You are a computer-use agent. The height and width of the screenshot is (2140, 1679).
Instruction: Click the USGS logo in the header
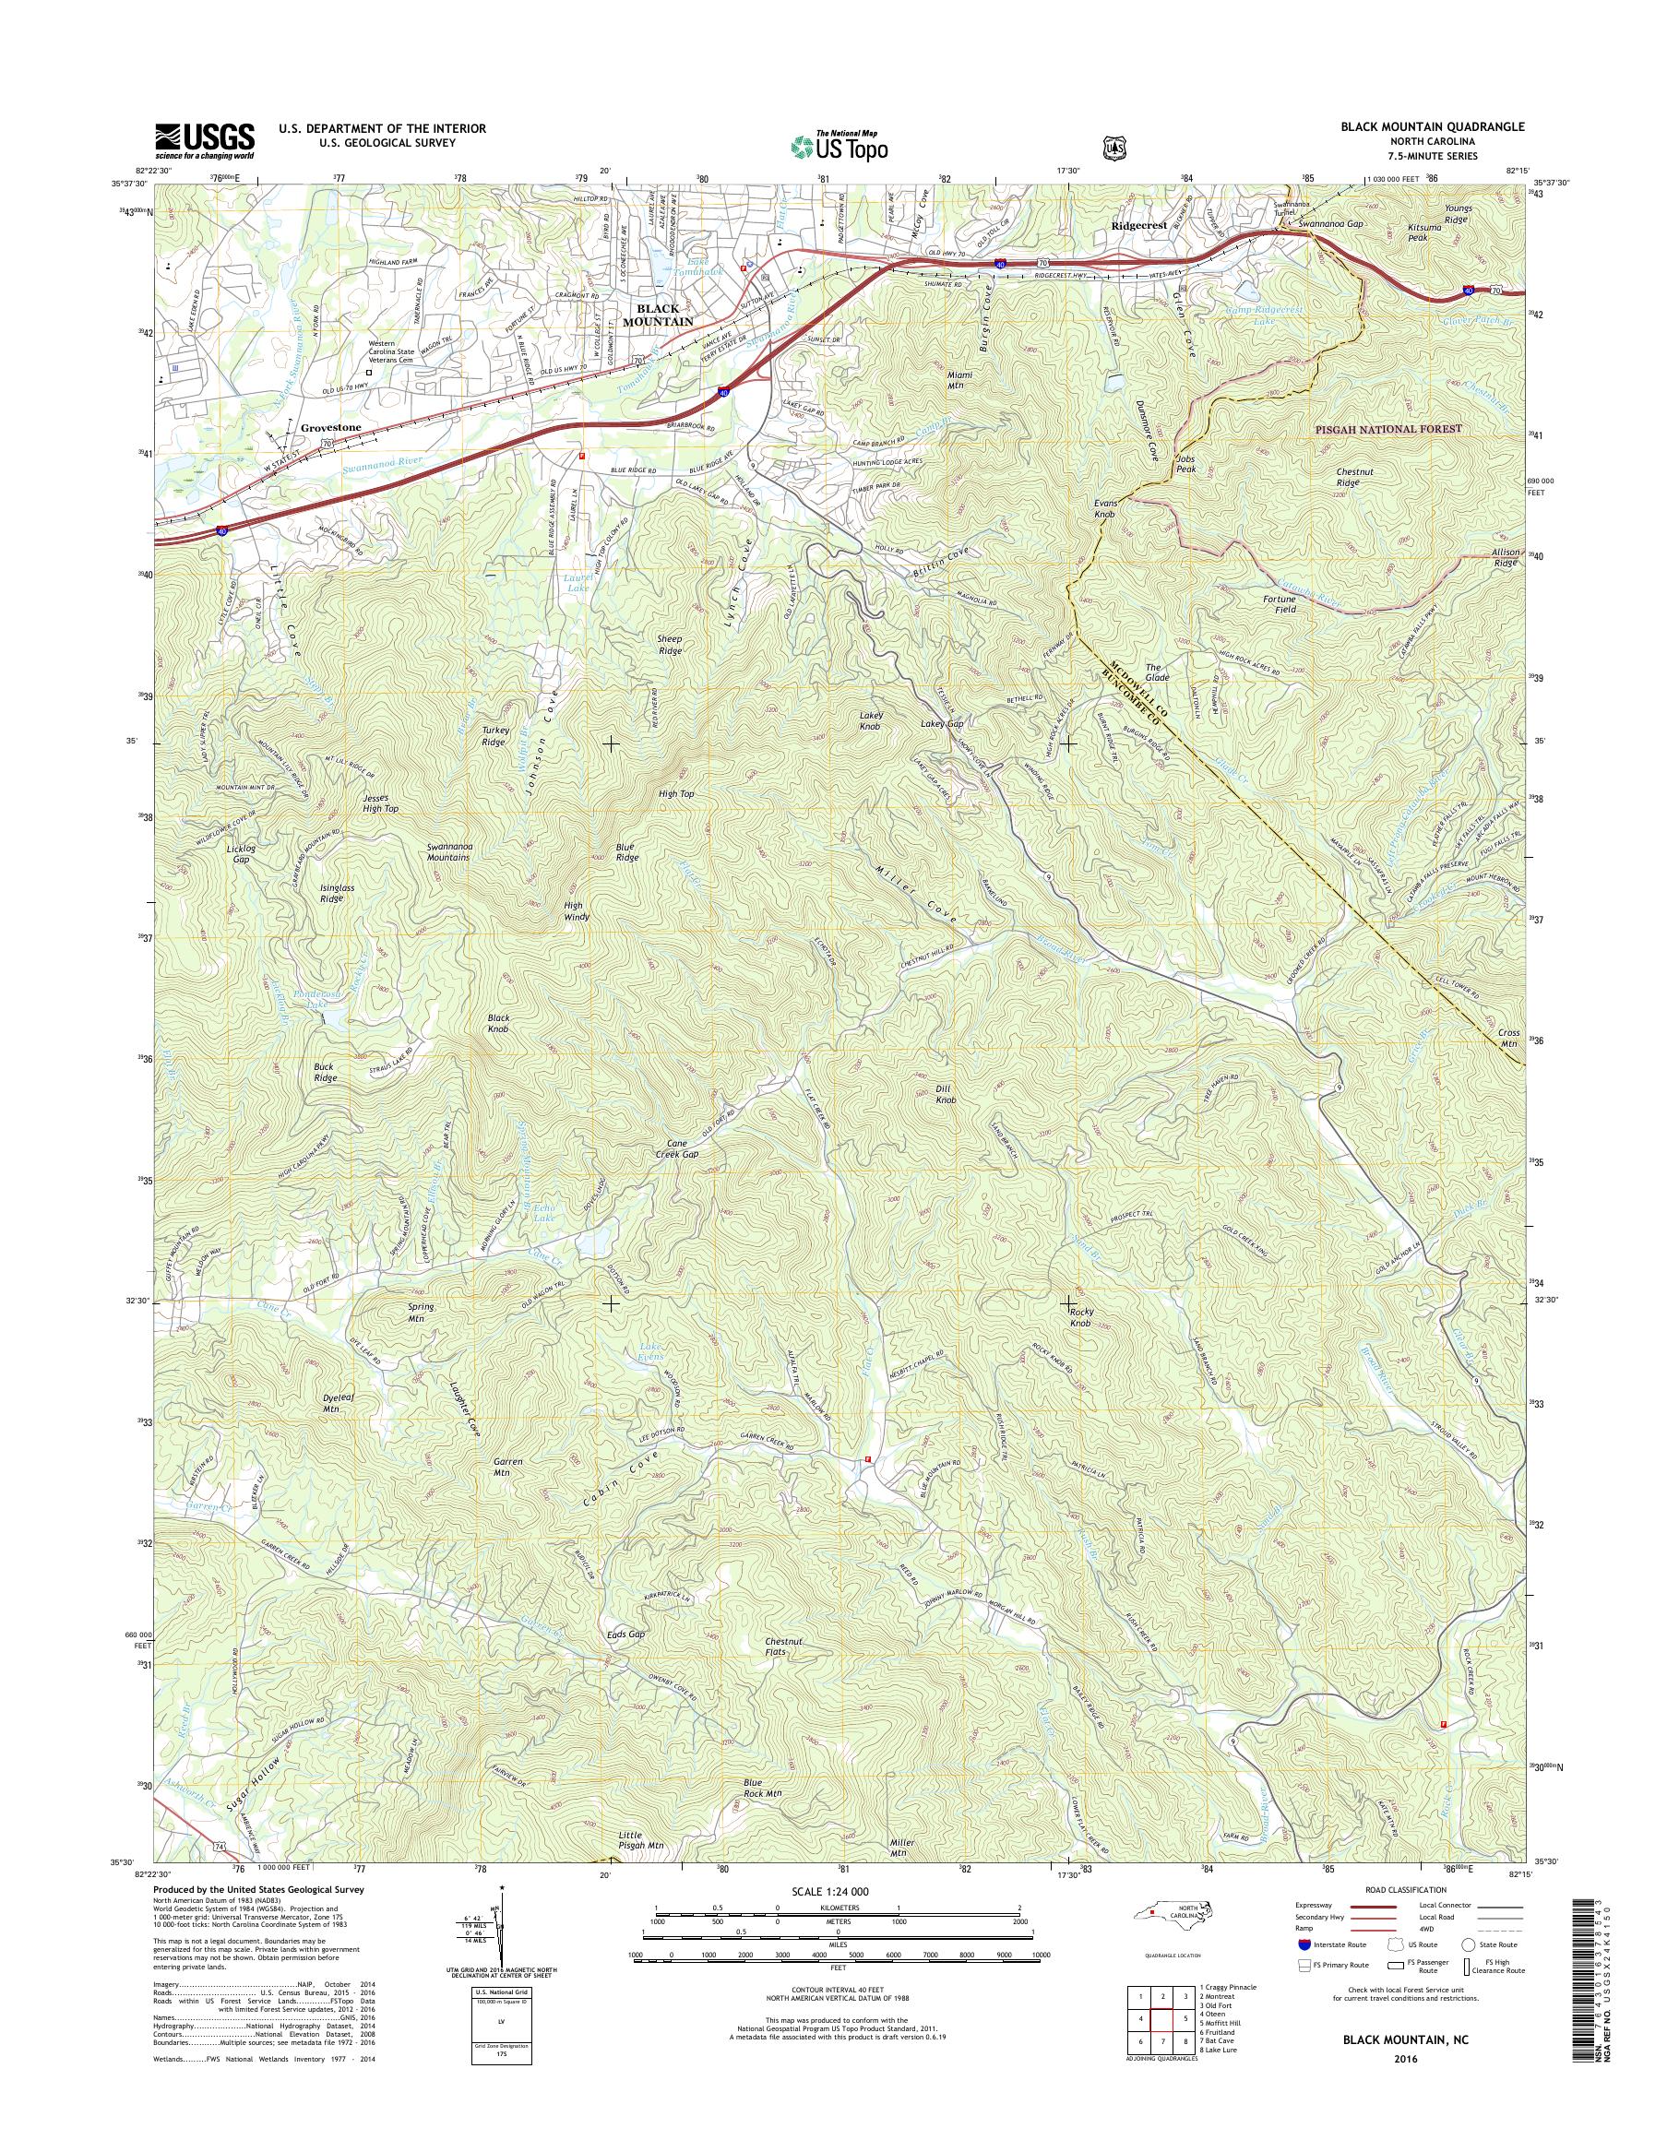click(x=204, y=140)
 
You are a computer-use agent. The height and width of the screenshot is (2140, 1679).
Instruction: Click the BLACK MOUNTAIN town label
click(x=660, y=315)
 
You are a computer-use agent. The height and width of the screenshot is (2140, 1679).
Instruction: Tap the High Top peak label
click(x=676, y=793)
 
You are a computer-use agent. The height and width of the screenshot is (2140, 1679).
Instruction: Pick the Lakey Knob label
click(x=871, y=720)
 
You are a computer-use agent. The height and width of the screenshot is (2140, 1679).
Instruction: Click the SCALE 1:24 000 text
click(x=829, y=1891)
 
